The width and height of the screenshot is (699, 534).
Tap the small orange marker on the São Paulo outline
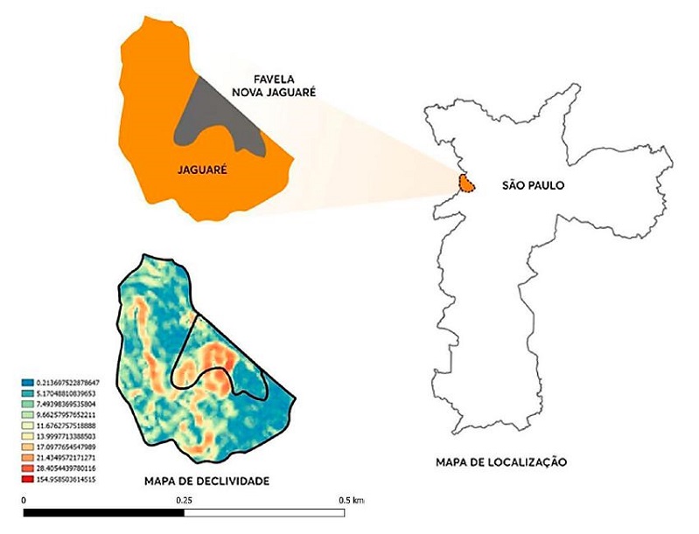(467, 184)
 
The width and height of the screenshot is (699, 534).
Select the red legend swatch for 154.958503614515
(27, 480)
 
